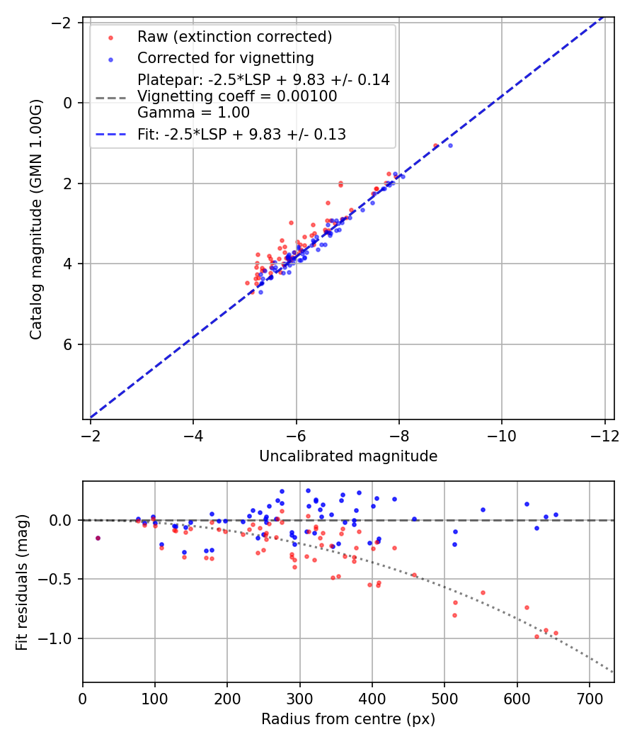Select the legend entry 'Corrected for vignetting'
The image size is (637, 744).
(x=226, y=57)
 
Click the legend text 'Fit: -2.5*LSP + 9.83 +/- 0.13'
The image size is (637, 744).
(x=241, y=135)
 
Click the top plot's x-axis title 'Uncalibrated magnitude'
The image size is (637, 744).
(x=348, y=456)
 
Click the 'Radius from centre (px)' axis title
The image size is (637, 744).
(x=348, y=719)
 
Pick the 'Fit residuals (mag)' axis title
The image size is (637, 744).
(x=22, y=582)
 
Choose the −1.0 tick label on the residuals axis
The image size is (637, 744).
(x=62, y=638)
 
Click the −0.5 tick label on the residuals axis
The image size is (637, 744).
(x=62, y=579)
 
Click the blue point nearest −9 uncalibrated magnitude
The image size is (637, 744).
(x=450, y=145)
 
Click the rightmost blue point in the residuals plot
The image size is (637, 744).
(x=556, y=514)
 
